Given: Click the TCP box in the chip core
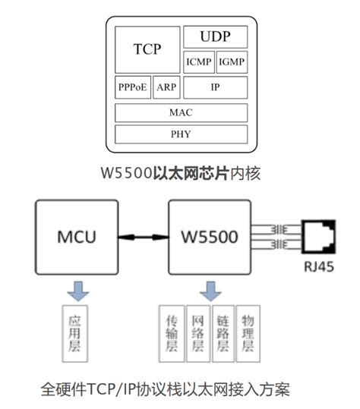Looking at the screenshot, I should [147, 49].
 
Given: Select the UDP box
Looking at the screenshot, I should [215, 36].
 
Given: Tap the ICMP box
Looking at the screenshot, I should [198, 61].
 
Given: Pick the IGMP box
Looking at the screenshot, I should [232, 61].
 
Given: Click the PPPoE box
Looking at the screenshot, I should [133, 87].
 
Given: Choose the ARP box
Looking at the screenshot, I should [166, 87].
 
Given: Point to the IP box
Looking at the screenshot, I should [215, 87].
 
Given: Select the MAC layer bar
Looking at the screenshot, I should [181, 112].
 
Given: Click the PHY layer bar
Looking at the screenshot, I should [181, 135].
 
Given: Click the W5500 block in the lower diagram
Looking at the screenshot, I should [210, 236].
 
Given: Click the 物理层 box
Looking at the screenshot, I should [248, 332].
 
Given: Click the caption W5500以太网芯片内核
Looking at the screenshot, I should [181, 173].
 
